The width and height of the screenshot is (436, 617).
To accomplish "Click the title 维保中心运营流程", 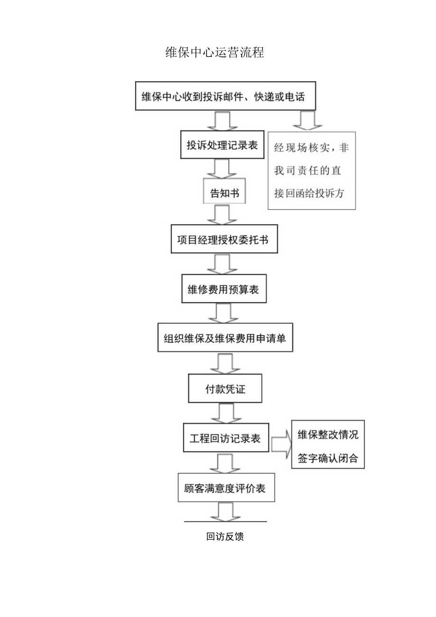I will point(215,53).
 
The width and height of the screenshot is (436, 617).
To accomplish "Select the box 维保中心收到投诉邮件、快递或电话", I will point(225,96).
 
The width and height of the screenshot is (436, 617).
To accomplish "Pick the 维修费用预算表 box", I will point(224,289).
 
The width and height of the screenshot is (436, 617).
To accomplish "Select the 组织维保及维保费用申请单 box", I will point(225,338).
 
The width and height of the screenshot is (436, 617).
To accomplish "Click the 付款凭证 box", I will point(225,389).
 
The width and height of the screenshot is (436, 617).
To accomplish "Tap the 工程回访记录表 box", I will point(225,438).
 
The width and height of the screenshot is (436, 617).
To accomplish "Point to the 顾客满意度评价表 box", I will point(226,487).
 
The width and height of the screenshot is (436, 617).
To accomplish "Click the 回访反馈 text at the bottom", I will point(225,537).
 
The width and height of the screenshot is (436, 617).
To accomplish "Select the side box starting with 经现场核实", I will point(311,171).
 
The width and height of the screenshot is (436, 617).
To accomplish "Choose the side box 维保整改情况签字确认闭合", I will point(328,444).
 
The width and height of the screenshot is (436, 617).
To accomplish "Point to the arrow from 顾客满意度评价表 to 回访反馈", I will point(225,512).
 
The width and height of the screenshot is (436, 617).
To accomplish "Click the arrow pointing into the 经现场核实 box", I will point(307,120).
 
